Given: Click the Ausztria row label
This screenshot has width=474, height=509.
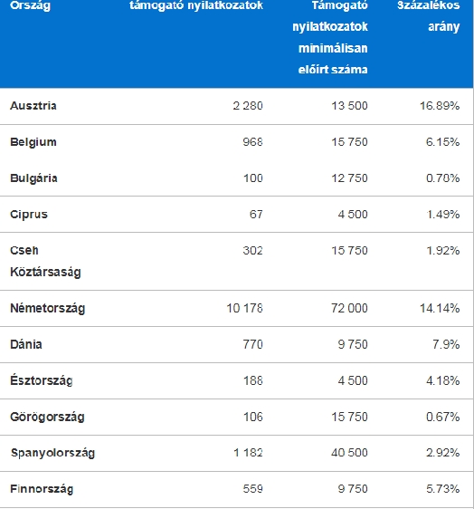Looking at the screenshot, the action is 33,106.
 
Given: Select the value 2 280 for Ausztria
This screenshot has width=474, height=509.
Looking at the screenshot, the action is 248,106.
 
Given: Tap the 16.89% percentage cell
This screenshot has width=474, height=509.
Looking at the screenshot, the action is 440,106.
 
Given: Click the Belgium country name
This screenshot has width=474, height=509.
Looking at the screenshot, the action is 33,142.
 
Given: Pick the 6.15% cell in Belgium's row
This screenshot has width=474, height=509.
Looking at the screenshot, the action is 442,142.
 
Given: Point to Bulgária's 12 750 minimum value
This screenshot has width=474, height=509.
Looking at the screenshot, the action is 349,178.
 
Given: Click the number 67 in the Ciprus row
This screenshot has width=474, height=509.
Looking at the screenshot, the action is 256,215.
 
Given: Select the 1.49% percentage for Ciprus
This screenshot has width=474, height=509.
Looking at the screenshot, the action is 443,215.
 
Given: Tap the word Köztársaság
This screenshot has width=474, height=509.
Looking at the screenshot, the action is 45,272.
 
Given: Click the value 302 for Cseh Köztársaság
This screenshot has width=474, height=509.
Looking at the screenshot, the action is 253,251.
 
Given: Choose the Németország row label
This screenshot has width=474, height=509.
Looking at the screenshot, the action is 47,308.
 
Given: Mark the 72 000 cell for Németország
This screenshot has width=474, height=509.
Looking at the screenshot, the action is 349,308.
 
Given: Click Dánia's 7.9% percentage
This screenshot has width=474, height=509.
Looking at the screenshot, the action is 446,344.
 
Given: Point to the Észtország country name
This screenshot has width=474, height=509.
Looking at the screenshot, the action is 42,380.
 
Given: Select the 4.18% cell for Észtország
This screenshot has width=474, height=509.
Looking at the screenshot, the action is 443,380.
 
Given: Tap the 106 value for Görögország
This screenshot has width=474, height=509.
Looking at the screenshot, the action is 253,417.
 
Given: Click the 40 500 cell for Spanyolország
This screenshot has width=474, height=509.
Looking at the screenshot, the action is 349,453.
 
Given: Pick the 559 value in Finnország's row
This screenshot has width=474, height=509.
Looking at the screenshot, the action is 253,489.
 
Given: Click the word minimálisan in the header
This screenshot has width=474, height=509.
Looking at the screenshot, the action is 333,48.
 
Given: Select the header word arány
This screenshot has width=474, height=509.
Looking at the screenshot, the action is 444,27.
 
